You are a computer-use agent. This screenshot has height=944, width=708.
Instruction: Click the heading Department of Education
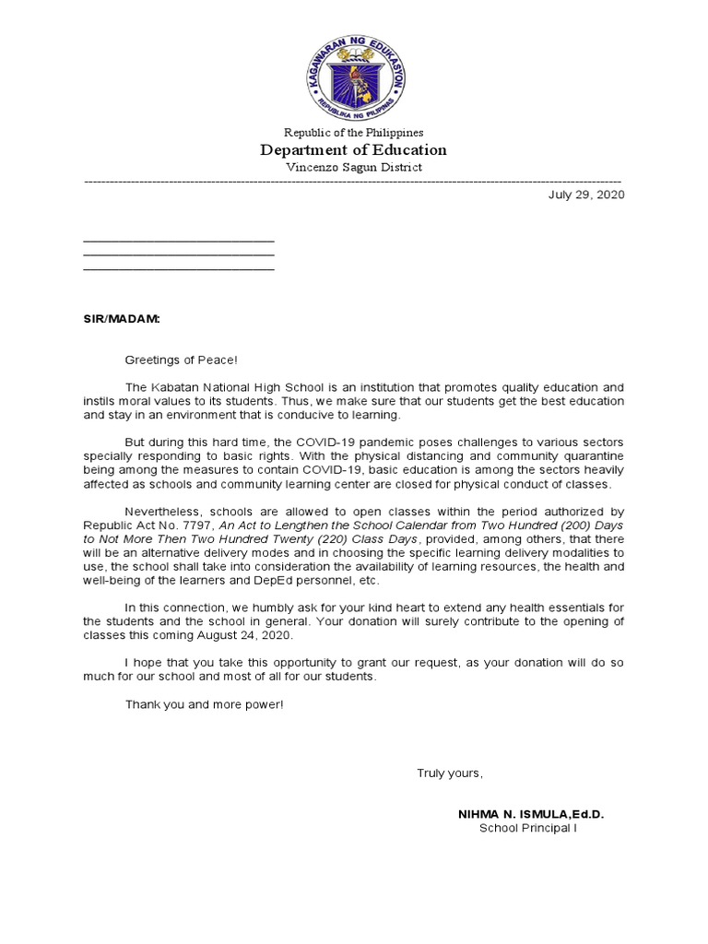click(354, 149)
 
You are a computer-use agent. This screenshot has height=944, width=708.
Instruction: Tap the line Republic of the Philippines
click(354, 133)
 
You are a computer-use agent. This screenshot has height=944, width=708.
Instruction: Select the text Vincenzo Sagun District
click(354, 167)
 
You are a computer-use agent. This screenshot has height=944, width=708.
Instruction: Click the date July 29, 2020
click(586, 195)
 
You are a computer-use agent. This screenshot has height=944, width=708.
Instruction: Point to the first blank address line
click(179, 241)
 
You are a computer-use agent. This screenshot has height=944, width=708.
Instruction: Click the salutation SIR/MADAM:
click(121, 318)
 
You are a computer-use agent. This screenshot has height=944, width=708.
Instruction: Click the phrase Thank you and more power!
click(205, 704)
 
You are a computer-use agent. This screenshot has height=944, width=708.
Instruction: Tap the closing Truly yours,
click(449, 773)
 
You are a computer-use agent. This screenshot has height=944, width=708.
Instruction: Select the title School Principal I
click(527, 828)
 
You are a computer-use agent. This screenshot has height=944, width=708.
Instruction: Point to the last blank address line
click(179, 269)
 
